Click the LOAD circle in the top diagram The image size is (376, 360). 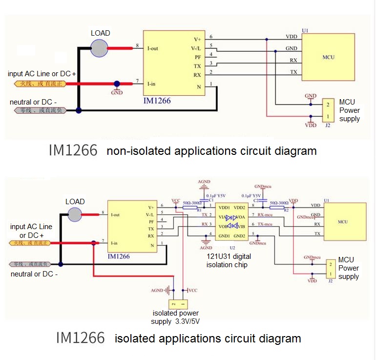[x=100, y=47]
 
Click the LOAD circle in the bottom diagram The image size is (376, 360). [x=75, y=214]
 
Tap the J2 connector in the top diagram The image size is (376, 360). [x=328, y=110]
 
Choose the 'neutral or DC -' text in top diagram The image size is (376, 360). [x=33, y=102]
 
